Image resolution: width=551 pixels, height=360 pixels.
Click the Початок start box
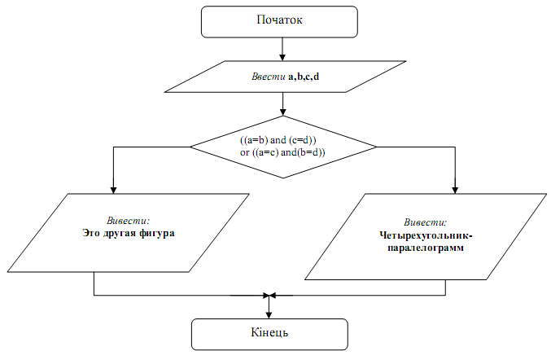tap(279, 21)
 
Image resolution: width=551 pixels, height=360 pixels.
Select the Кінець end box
tap(269, 334)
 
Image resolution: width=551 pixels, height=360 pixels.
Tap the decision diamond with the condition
tap(283, 147)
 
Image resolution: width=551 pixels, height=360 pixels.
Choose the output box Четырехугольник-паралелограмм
tap(424, 235)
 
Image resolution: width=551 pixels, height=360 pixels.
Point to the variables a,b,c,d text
tap(304, 77)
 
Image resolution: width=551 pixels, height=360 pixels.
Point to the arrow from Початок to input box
tap(282, 49)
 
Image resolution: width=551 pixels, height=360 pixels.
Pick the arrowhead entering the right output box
tap(456, 188)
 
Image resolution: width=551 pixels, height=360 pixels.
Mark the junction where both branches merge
tap(269, 295)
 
